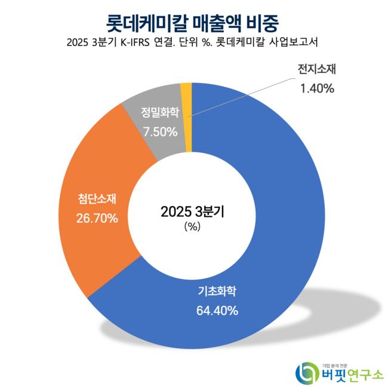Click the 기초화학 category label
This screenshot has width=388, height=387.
218,292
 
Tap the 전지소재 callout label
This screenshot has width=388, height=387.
317,69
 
